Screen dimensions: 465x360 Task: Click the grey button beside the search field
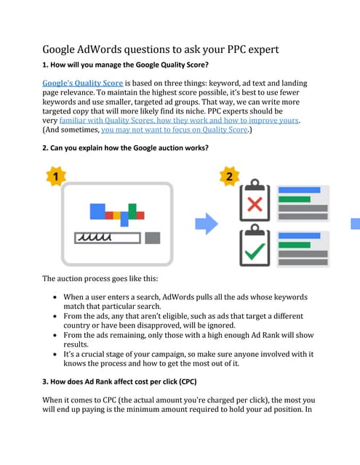153,238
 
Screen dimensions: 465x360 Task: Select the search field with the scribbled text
107,238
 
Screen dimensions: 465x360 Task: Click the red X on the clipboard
255,203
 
